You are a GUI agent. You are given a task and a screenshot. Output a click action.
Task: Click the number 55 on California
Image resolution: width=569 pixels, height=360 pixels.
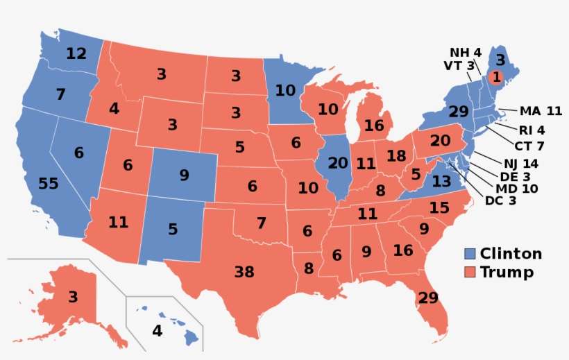[x=49, y=184]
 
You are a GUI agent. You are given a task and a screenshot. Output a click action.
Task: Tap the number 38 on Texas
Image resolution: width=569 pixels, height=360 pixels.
[x=244, y=272]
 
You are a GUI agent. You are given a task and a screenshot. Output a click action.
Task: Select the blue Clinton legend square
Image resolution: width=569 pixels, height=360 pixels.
[x=470, y=254]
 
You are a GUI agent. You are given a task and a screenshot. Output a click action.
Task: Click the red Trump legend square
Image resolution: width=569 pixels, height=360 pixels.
[x=470, y=272]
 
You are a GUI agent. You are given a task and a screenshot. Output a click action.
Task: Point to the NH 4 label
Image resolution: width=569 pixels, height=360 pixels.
[x=465, y=53]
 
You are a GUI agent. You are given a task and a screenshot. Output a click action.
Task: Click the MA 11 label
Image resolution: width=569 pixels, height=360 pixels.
[x=540, y=111]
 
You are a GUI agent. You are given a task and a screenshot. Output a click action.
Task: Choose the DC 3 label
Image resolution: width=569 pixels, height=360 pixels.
[x=501, y=200]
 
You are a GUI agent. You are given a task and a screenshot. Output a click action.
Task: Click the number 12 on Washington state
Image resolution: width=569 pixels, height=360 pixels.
[x=76, y=53]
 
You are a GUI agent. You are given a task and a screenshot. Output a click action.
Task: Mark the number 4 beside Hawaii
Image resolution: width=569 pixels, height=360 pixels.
[x=158, y=331]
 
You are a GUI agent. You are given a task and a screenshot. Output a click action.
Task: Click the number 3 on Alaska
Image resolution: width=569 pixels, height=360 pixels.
[x=73, y=298]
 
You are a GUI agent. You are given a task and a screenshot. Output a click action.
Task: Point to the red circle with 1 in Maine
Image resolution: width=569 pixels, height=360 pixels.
[x=497, y=76]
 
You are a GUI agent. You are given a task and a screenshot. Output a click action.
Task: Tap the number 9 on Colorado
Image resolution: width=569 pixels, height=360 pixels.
[x=184, y=175]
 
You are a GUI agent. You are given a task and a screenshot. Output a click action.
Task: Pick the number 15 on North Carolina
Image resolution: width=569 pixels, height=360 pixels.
[x=439, y=207]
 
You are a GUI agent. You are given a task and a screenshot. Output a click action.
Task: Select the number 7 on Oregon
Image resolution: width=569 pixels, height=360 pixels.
[x=60, y=93]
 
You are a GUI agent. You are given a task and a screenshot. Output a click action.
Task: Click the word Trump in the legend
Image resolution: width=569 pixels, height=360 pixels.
[x=507, y=272]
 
